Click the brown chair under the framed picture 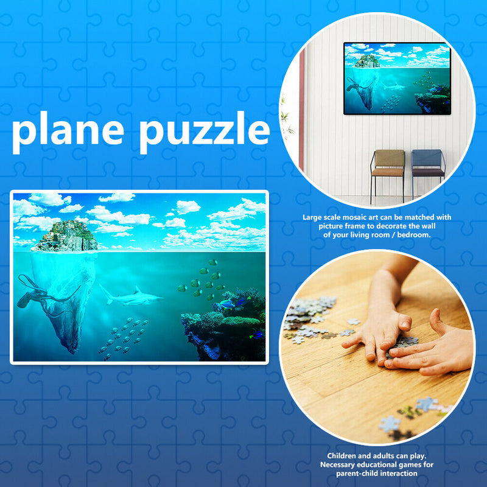[x=388, y=167]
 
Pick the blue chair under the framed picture [x=428, y=166]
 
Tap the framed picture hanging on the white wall [x=397, y=78]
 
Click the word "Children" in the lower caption [x=344, y=455]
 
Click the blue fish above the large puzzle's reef [x=227, y=303]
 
